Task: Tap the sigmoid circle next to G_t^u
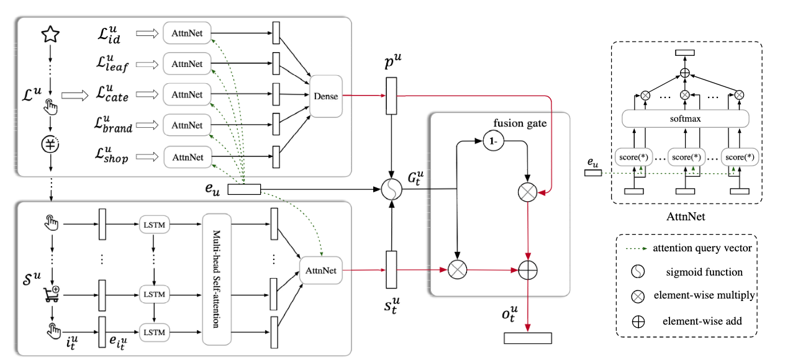click(x=391, y=189)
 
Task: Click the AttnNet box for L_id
click(x=187, y=32)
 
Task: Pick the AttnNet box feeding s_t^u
click(x=320, y=270)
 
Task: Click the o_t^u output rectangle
click(x=527, y=338)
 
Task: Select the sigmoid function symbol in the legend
click(x=638, y=272)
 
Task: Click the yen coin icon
click(x=49, y=144)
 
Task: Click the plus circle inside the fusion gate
click(x=527, y=270)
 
